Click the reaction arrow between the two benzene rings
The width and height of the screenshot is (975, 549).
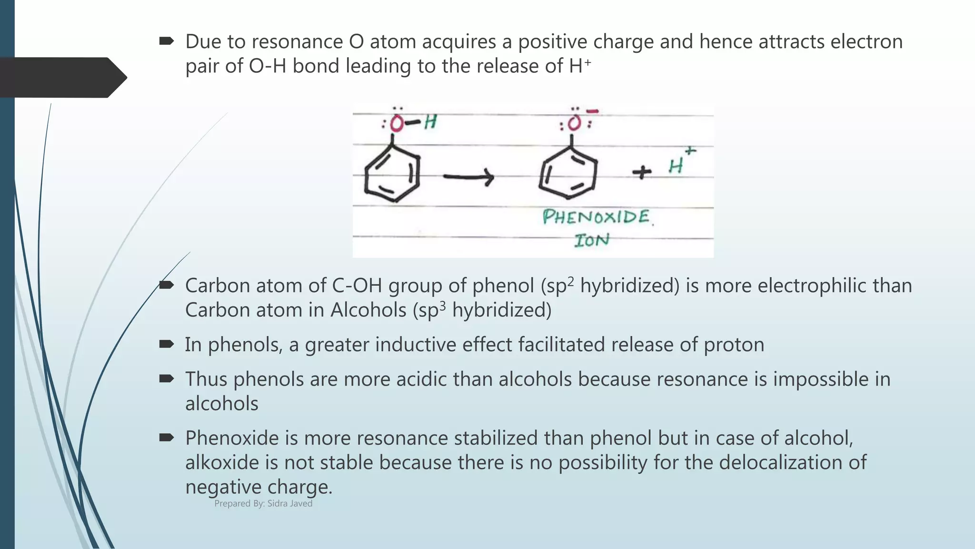(x=468, y=177)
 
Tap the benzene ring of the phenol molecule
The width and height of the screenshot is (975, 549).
(x=392, y=174)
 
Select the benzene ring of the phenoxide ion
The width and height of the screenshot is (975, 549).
(x=568, y=173)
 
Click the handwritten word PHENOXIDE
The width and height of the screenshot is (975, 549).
(x=596, y=217)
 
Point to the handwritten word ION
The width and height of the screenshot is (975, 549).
(x=592, y=240)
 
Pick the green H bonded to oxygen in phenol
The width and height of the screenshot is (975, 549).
(x=430, y=122)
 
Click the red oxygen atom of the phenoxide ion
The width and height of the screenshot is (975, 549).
(x=574, y=123)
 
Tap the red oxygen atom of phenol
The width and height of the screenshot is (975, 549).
(x=396, y=124)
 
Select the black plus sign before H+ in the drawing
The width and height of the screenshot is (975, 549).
(x=642, y=172)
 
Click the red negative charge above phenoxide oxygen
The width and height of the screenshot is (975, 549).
(x=592, y=112)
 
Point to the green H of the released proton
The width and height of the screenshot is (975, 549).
(x=676, y=166)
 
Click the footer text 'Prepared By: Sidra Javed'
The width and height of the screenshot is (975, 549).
(x=263, y=504)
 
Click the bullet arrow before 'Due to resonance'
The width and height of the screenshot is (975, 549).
(x=167, y=41)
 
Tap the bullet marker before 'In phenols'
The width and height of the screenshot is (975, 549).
(x=167, y=344)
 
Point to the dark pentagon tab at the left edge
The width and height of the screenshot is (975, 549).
(x=62, y=78)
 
